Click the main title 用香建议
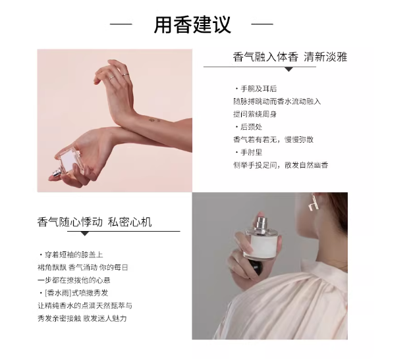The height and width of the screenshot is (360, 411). [192, 25]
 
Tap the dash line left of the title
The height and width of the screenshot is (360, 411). [121, 24]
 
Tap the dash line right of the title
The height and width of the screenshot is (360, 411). [262, 24]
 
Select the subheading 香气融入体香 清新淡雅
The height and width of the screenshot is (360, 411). [290, 57]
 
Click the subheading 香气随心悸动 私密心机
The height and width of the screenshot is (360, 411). [94, 222]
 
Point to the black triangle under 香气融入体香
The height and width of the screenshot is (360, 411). [288, 69]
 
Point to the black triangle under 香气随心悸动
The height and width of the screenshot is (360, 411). [84, 234]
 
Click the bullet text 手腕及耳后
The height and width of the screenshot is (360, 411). [258, 89]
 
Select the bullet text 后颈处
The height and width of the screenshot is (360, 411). [251, 127]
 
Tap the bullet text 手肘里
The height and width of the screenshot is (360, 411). [251, 153]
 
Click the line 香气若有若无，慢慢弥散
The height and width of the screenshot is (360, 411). [273, 140]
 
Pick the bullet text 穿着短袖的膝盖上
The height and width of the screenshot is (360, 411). [74, 255]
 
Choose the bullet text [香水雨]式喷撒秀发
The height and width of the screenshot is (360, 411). [76, 293]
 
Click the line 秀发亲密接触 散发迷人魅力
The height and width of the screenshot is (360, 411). [82, 319]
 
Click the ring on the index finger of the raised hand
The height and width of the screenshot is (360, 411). [125, 75]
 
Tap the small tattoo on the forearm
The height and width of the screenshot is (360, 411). [155, 120]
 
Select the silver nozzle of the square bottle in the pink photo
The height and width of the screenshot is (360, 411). [57, 173]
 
